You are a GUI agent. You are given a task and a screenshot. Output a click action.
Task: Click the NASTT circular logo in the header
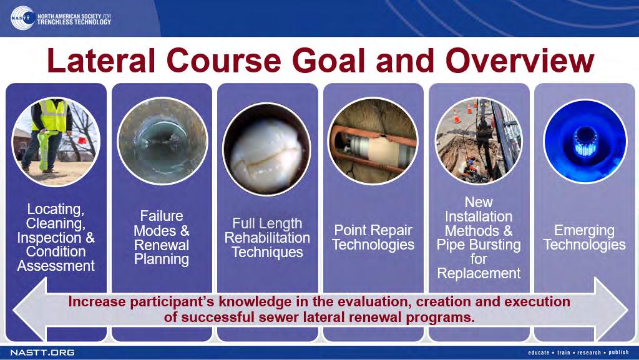(22, 18)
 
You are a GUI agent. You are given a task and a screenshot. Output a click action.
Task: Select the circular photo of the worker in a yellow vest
(56, 141)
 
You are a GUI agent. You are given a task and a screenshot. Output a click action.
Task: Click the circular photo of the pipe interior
(162, 141)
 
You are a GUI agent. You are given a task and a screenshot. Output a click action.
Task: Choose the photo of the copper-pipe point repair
(373, 141)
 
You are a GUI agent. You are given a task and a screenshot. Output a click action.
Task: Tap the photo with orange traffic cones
(479, 141)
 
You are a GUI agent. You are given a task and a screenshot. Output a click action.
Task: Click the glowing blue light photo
(585, 141)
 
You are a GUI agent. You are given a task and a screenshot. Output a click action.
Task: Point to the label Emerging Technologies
(584, 238)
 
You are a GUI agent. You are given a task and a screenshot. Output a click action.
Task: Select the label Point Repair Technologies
(373, 238)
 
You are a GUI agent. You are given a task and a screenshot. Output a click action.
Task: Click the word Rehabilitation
(267, 238)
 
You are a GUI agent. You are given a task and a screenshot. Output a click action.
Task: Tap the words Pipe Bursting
(479, 245)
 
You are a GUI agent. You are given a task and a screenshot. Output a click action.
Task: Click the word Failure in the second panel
(162, 216)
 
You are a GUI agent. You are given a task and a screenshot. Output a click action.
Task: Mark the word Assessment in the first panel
(56, 266)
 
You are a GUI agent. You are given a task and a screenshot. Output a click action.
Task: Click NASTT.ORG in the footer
(42, 353)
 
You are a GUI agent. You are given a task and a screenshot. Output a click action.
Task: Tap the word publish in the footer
(618, 353)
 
